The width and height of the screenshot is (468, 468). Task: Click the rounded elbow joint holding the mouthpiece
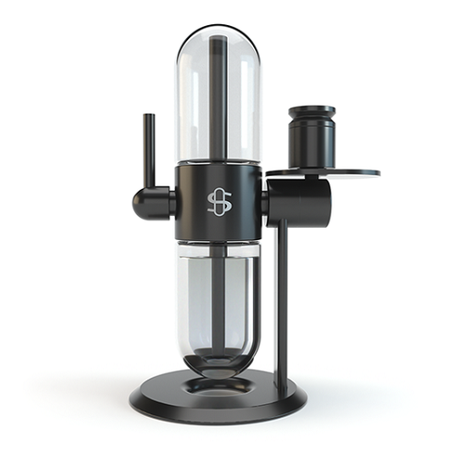pyautogui.click(x=148, y=201)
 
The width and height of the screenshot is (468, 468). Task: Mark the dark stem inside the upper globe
pyautogui.click(x=218, y=102)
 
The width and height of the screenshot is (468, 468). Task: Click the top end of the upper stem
pyautogui.click(x=218, y=40)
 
